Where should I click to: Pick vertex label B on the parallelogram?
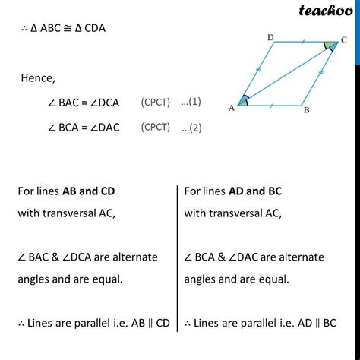tap(305, 110)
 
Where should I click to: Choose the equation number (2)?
tap(191, 128)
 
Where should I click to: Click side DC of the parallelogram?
tap(297, 43)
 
